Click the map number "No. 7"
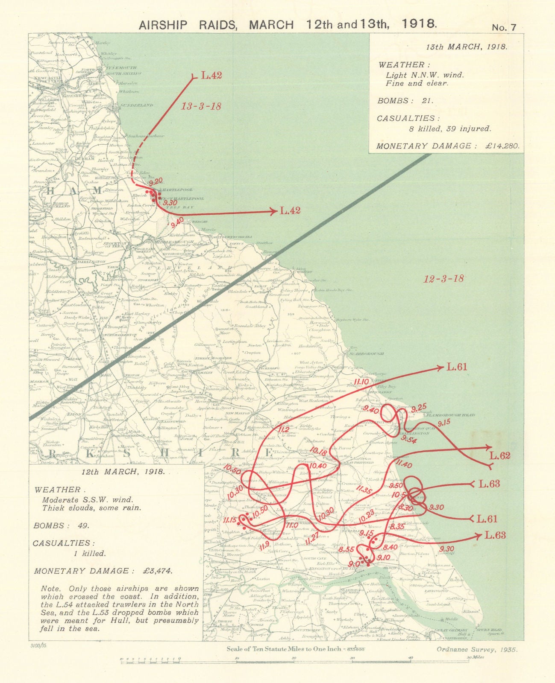[x=504, y=27]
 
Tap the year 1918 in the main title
[x=420, y=23]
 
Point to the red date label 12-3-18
[x=443, y=279]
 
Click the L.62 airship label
[x=499, y=455]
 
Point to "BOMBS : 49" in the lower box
[x=62, y=525]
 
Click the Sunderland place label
[x=137, y=105]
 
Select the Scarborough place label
[x=367, y=353]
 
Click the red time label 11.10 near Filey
[x=361, y=382]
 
